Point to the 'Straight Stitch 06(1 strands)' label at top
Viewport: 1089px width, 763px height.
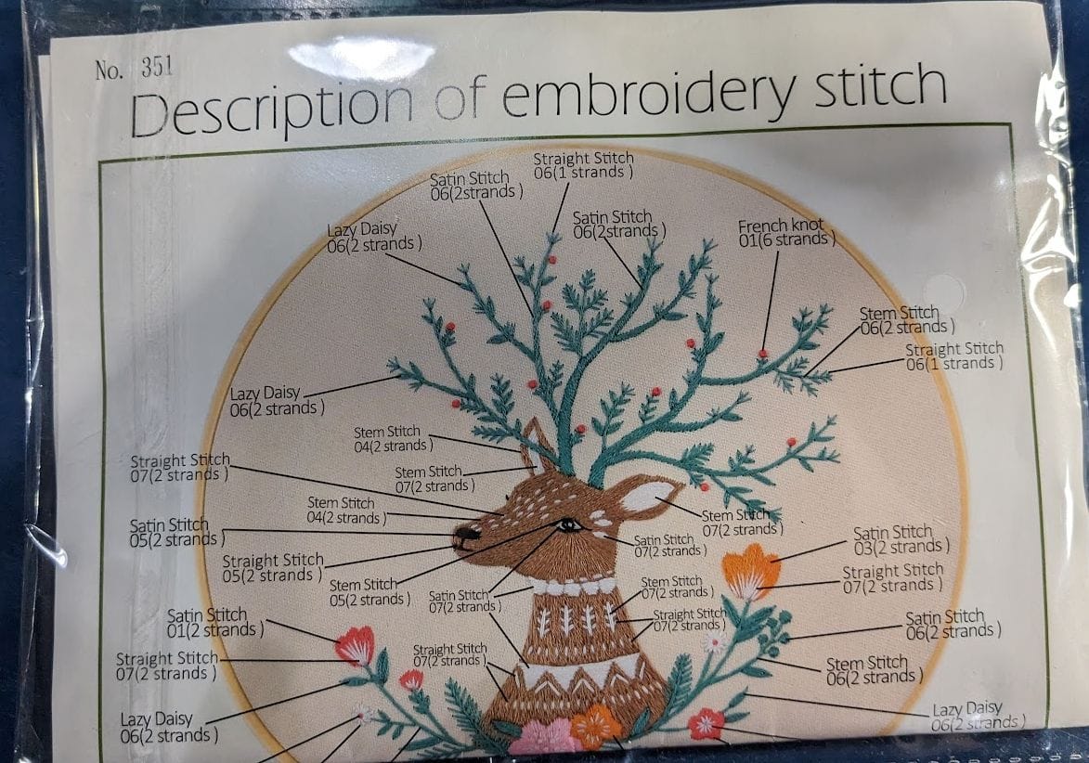click(x=583, y=165)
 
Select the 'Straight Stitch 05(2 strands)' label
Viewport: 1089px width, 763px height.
click(x=273, y=568)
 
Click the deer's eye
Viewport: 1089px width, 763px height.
click(x=568, y=525)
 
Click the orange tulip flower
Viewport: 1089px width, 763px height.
click(x=750, y=568)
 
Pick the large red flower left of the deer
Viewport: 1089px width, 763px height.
click(x=355, y=644)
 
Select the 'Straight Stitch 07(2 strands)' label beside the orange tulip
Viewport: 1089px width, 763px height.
click(x=891, y=577)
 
